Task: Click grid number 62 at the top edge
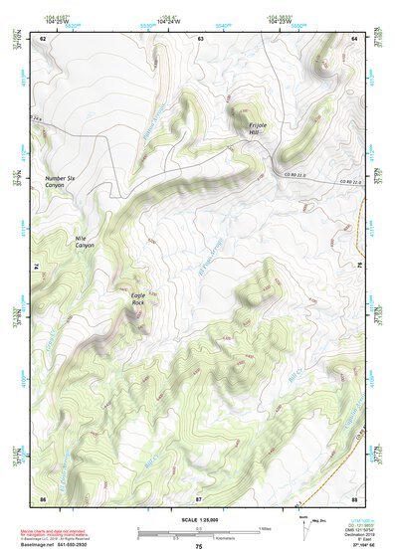(44, 38)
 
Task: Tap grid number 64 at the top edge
(355, 38)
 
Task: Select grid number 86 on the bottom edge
(44, 497)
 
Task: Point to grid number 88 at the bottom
(355, 497)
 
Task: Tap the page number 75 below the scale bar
(199, 547)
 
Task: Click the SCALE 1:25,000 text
(200, 521)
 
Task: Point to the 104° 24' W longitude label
(167, 21)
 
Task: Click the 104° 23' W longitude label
(279, 21)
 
